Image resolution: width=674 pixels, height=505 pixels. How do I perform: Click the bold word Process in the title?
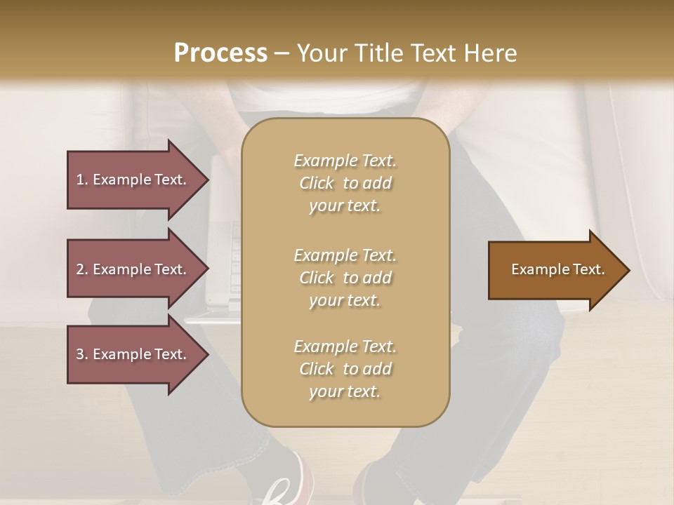pos(220,53)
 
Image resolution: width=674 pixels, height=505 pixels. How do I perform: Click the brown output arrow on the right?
pos(555,269)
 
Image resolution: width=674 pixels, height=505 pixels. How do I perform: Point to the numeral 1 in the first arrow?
pos(80,180)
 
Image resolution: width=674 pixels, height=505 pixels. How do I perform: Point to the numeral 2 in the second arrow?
pos(80,269)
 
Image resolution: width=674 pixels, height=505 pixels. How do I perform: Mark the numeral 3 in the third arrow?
pos(80,354)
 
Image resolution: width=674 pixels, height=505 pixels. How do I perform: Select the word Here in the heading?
pos(491,53)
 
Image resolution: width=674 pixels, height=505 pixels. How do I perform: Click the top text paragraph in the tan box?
pos(345,183)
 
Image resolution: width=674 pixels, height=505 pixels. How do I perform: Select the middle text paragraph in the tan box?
pos(345,278)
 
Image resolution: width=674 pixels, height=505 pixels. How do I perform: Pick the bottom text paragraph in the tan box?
pos(345,369)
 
